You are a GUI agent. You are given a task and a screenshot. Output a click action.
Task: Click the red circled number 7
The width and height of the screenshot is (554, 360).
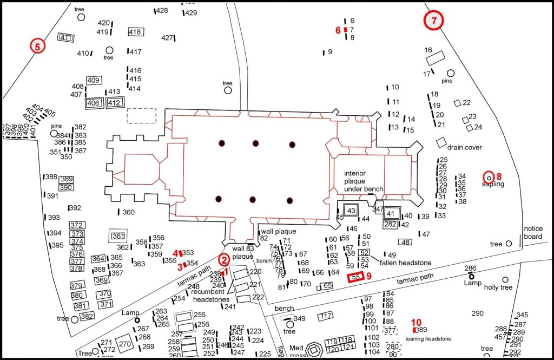click(433, 21)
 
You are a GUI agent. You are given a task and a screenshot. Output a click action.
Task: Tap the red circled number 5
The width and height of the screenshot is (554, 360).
click(37, 46)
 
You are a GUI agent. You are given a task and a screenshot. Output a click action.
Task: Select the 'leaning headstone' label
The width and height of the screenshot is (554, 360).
click(428, 339)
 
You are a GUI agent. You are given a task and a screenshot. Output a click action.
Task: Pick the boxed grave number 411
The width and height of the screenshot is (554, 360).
click(66, 37)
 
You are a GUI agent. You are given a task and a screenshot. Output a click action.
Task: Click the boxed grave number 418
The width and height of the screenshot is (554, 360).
click(135, 32)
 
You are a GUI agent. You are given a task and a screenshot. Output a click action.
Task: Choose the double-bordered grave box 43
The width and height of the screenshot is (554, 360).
click(351, 210)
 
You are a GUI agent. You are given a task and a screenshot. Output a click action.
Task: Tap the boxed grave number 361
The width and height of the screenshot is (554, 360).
click(117, 236)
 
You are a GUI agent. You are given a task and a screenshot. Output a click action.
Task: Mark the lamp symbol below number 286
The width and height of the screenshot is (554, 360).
click(471, 277)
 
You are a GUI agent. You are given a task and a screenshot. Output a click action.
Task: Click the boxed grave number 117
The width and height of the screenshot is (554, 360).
click(326, 316)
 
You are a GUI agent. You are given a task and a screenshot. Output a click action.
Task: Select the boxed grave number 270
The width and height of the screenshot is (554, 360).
click(125, 344)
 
